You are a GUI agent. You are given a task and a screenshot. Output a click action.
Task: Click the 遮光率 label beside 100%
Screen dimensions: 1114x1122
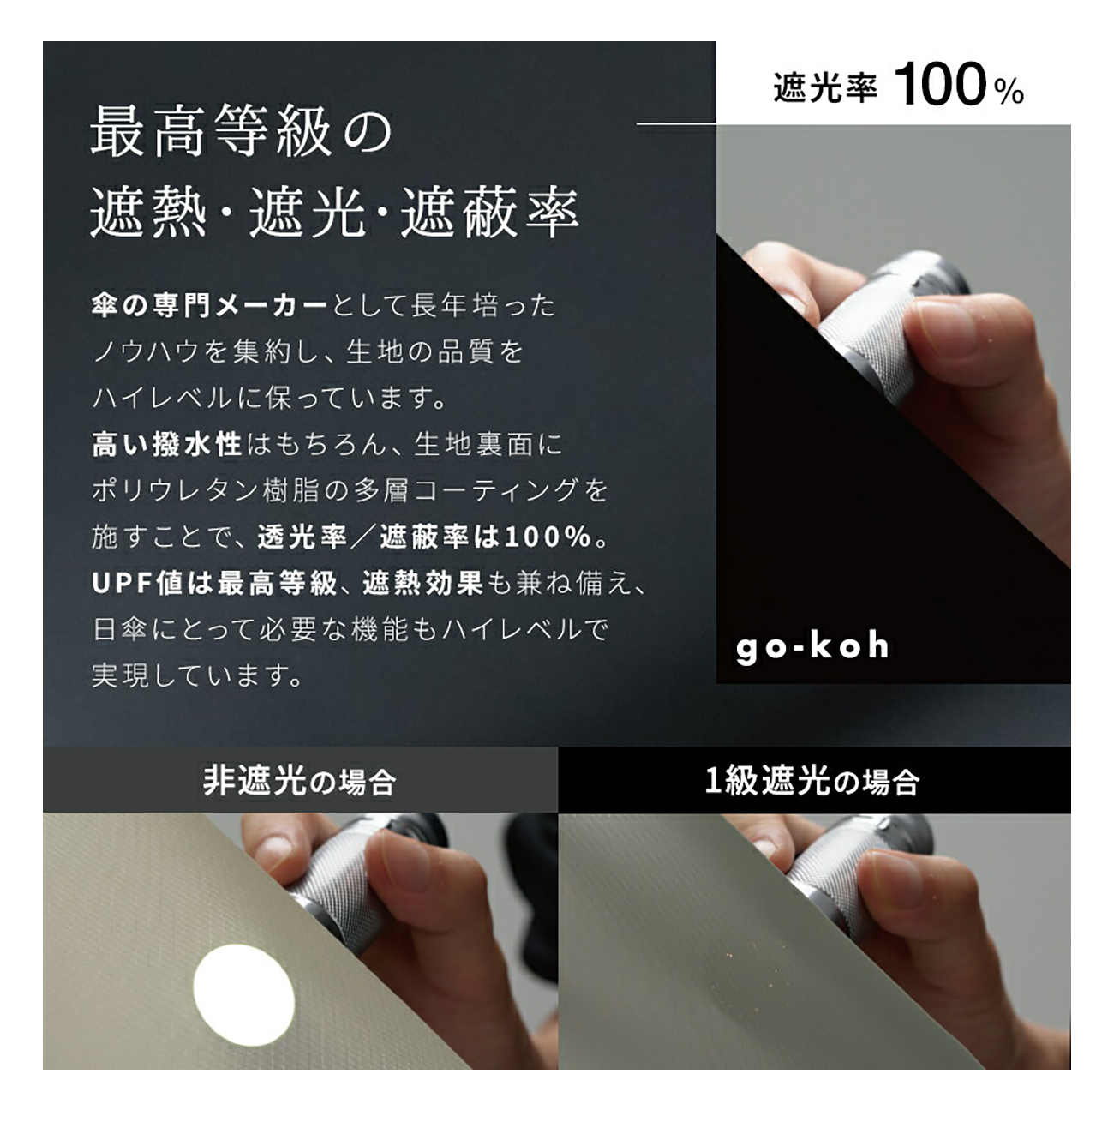[x=824, y=88]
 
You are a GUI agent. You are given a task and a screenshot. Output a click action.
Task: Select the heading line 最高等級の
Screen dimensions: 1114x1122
[x=242, y=132]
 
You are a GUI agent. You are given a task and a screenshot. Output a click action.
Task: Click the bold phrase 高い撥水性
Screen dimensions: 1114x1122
[x=166, y=445]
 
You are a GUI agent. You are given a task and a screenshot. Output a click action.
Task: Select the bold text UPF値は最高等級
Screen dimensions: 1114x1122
[x=214, y=584]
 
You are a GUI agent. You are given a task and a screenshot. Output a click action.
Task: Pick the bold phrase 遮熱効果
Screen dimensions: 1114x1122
[x=422, y=584]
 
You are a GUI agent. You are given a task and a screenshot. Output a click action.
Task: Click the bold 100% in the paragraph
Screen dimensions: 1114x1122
[x=549, y=537]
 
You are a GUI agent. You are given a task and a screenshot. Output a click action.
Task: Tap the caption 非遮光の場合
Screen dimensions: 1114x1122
[x=299, y=781]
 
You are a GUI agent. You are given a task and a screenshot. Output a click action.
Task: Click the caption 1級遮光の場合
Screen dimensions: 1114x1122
[x=812, y=781]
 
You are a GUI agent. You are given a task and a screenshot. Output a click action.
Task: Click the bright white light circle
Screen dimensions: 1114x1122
[x=244, y=985]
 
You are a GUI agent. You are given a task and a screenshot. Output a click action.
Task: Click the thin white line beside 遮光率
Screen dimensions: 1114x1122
[x=676, y=124]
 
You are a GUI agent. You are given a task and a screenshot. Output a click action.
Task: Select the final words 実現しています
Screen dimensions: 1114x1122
[x=197, y=675]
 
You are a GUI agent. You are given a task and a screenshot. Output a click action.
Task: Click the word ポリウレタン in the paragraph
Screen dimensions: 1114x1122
[x=174, y=490]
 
